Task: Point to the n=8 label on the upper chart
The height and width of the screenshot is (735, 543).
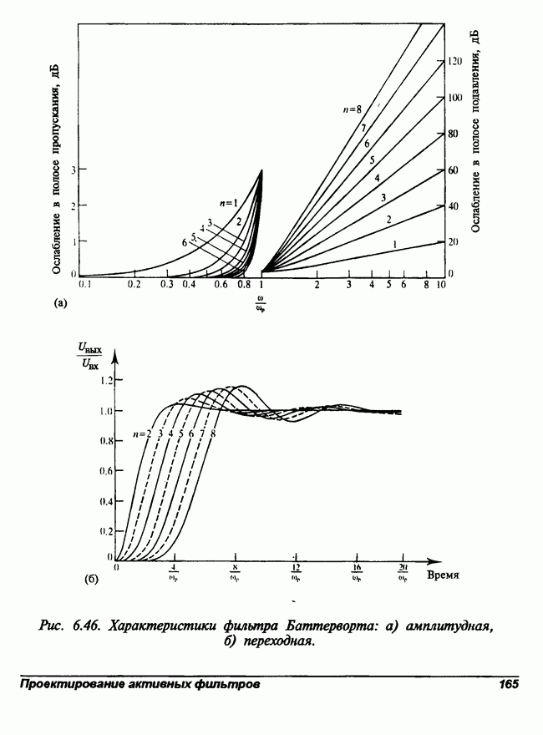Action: coord(352,109)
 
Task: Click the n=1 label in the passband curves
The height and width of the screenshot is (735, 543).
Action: coord(229,202)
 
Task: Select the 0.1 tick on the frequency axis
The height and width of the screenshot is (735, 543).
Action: coord(84,285)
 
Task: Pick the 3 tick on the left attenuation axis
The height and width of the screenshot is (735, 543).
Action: coord(73,170)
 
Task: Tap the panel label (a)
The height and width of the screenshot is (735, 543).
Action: coord(60,304)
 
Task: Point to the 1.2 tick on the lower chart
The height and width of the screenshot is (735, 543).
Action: coord(105,380)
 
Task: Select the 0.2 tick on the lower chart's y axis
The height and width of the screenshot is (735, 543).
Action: coord(105,530)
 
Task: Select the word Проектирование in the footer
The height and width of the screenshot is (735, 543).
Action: coord(71,684)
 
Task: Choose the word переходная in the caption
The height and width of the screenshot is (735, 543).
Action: coord(277,641)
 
